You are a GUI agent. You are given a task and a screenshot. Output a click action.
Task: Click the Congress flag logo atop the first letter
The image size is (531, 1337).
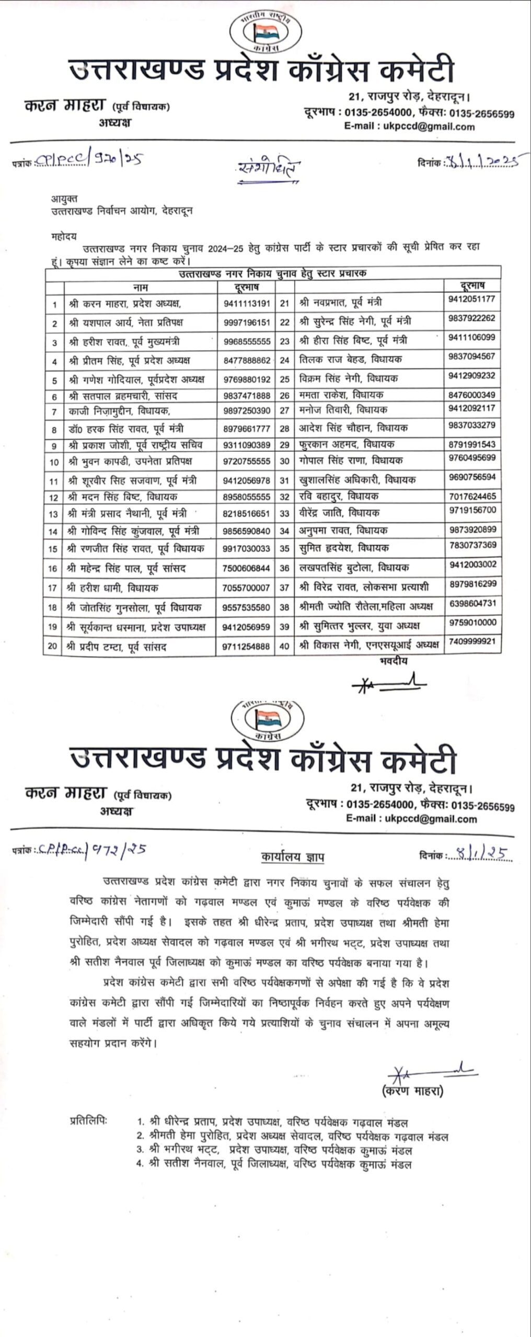[264, 33]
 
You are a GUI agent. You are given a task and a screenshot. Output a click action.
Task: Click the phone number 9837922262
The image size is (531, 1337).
[471, 319]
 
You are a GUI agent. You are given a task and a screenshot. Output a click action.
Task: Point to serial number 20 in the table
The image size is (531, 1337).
[53, 647]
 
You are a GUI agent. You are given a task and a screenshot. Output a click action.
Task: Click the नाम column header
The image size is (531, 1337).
[140, 287]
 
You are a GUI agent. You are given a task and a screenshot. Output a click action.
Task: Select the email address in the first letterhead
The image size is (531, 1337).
[409, 126]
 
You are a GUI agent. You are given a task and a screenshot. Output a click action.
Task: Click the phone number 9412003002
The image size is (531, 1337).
[471, 565]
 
